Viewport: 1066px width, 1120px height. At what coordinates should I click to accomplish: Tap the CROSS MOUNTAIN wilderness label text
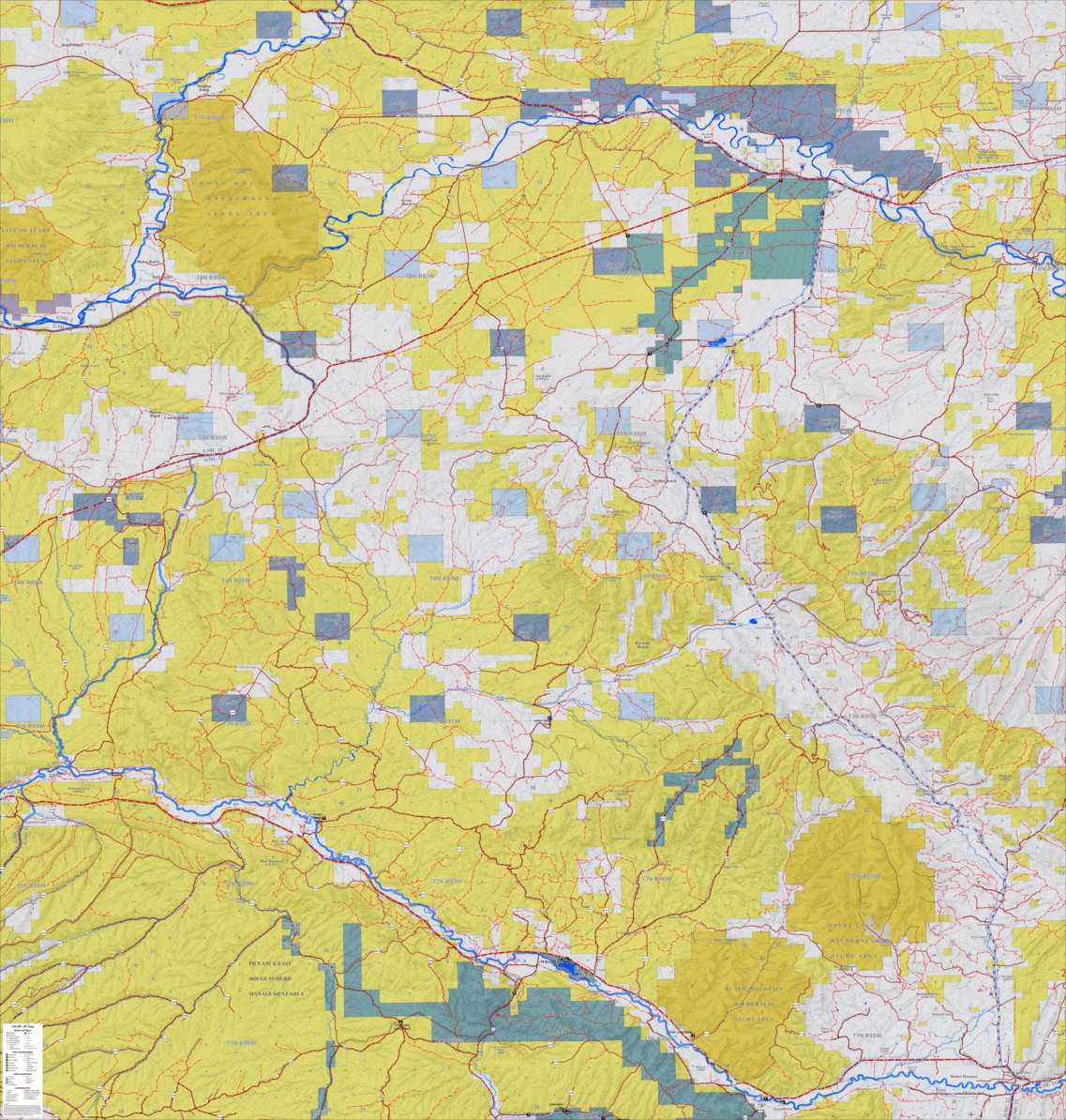point(229,185)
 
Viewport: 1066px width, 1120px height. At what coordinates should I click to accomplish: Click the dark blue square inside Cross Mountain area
point(289,178)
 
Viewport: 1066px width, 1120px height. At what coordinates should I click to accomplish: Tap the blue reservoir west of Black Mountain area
point(569,964)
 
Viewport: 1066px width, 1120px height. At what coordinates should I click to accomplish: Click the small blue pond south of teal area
point(715,342)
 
